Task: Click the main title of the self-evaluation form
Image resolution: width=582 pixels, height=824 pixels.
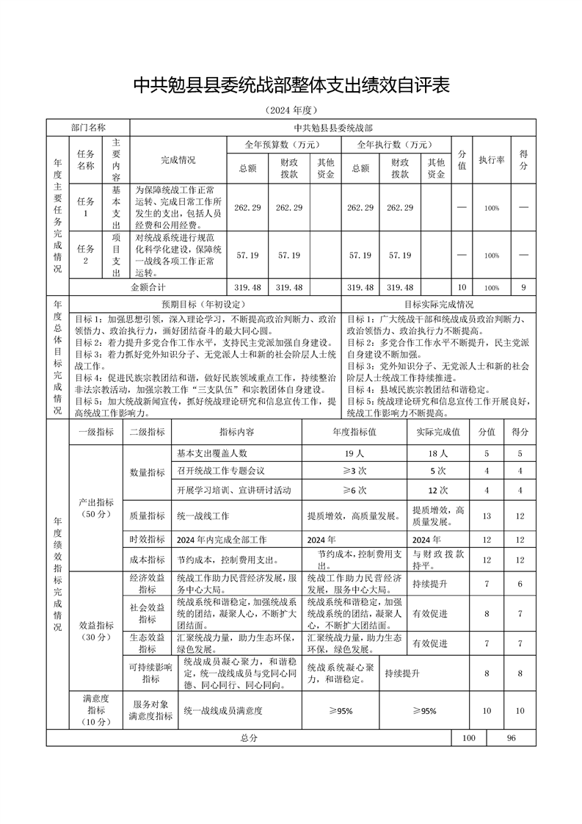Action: point(291,86)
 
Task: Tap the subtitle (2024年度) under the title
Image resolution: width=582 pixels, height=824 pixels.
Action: point(291,111)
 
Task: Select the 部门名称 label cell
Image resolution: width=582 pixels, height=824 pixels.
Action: point(88,128)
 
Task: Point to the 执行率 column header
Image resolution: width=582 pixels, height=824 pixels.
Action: point(490,159)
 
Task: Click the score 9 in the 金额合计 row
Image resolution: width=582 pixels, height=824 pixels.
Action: point(523,287)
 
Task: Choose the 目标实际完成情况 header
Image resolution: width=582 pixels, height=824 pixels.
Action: point(439,304)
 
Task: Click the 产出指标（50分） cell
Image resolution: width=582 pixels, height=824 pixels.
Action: point(96,508)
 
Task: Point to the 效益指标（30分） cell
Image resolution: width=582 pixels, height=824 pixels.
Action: point(96,631)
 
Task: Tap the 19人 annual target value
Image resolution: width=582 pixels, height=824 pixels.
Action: point(354,454)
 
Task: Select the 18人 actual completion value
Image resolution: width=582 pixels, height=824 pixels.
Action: point(437,454)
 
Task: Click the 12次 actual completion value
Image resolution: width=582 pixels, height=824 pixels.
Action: point(437,490)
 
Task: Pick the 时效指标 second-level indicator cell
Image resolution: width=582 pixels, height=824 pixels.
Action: point(147,539)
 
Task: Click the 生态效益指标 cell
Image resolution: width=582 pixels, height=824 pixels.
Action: point(147,643)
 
